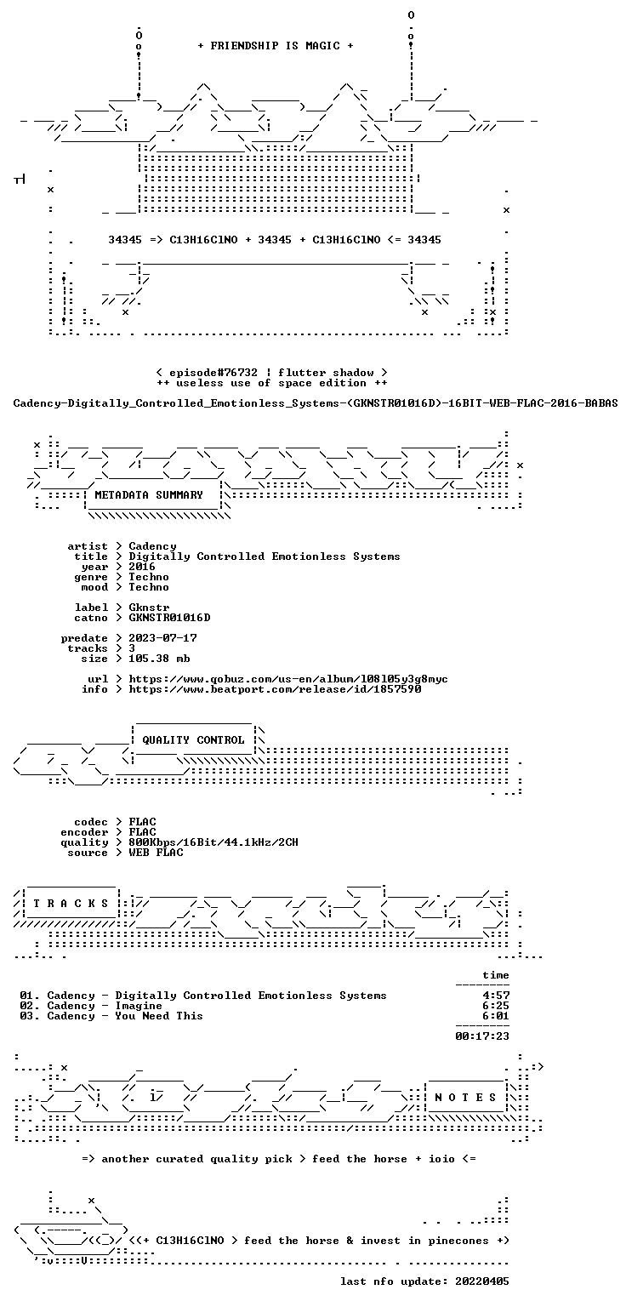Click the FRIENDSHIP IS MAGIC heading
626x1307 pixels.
point(276,45)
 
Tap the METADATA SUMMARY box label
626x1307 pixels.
point(149,494)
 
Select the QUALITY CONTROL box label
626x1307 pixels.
point(193,739)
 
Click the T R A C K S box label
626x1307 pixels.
point(71,903)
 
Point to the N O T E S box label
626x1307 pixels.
point(465,1097)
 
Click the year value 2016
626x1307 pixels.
point(142,567)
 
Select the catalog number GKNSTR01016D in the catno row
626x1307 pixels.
point(169,617)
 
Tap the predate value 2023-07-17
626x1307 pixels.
point(162,637)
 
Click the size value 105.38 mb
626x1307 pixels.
point(159,658)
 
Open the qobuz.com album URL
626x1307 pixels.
point(288,678)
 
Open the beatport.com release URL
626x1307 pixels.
point(275,689)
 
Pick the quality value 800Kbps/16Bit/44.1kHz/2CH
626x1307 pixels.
point(213,842)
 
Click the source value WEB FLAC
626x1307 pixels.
point(156,853)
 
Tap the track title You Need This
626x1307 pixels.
point(159,1016)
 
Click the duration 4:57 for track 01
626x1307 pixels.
point(495,996)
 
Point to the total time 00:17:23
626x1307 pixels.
point(482,1036)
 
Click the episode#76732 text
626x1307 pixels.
point(213,372)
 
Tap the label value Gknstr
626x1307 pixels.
point(149,608)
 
